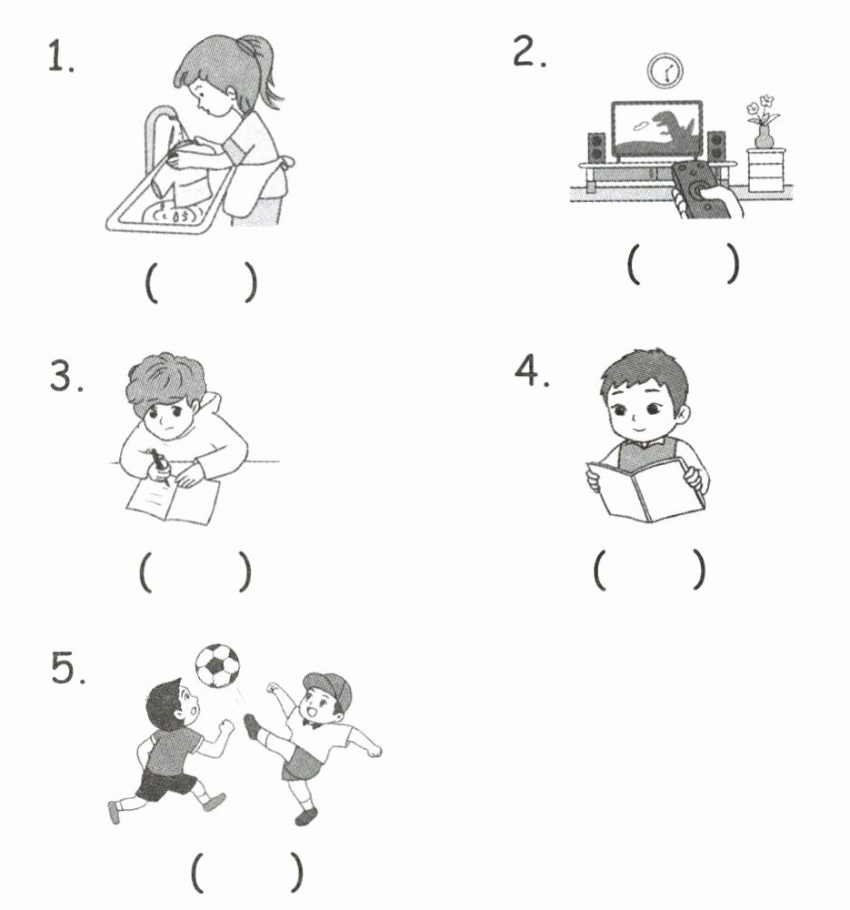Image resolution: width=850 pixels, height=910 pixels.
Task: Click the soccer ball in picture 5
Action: (x=217, y=666)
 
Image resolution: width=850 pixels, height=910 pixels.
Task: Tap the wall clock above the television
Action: (x=665, y=71)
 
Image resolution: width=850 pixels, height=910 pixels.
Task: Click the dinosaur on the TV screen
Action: (x=672, y=131)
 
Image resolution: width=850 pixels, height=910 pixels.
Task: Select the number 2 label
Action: (x=529, y=51)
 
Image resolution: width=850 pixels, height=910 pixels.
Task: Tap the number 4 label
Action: (x=532, y=370)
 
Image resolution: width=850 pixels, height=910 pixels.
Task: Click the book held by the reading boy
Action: (x=646, y=490)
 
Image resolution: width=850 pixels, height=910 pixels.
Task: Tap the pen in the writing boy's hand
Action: (x=159, y=465)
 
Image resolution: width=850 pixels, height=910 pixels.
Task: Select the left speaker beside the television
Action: (x=596, y=147)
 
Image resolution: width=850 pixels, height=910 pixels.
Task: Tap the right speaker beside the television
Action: (x=716, y=147)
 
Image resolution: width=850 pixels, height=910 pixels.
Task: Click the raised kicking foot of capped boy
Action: (x=252, y=726)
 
